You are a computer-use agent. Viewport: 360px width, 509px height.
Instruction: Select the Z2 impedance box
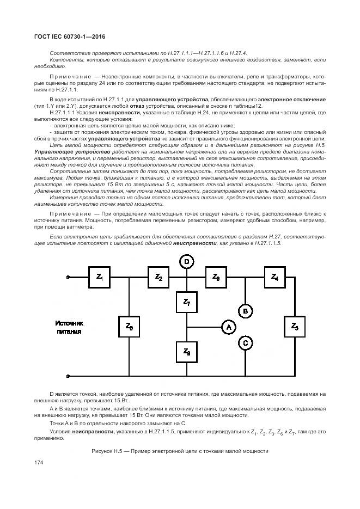(x=158, y=277)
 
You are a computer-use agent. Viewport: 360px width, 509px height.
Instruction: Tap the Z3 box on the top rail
(x=216, y=277)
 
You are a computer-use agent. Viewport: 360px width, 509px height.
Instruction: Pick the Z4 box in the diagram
(x=274, y=277)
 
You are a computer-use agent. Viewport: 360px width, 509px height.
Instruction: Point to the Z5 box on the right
(x=295, y=327)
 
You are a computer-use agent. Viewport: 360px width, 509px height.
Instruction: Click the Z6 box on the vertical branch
(x=129, y=327)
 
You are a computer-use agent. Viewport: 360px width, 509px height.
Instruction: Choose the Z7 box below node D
(x=186, y=302)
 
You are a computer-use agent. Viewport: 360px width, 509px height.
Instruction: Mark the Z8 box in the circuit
(x=186, y=351)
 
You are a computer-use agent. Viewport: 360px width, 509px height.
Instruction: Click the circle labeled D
(x=186, y=262)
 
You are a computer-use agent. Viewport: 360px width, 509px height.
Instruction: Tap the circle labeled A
(x=229, y=327)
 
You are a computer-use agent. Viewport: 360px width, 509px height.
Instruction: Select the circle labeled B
(x=246, y=311)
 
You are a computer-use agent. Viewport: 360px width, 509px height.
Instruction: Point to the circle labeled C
(x=246, y=343)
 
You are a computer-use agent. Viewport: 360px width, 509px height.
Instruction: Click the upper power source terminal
(x=68, y=277)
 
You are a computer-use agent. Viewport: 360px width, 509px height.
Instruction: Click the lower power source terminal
(x=68, y=376)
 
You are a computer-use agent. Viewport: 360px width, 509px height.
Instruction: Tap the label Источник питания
(x=70, y=327)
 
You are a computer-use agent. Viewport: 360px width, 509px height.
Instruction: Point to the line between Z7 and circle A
(x=204, y=327)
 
